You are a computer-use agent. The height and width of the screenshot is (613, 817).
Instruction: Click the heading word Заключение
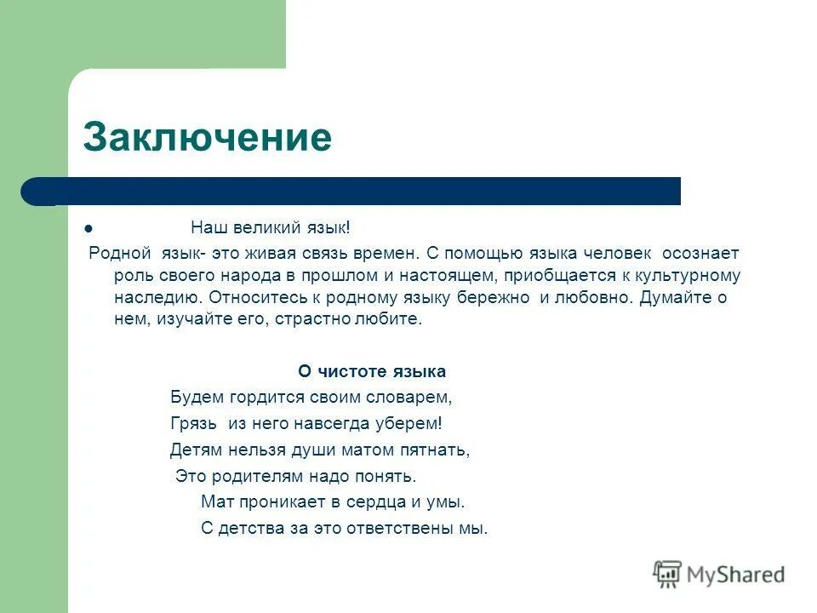tap(207, 137)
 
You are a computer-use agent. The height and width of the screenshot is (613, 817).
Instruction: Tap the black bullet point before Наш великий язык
tap(89, 229)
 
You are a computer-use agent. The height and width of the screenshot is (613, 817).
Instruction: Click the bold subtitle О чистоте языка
tap(372, 372)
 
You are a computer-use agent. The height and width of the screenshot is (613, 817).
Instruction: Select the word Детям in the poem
tap(196, 450)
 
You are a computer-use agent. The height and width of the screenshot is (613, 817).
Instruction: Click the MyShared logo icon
tap(668, 574)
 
